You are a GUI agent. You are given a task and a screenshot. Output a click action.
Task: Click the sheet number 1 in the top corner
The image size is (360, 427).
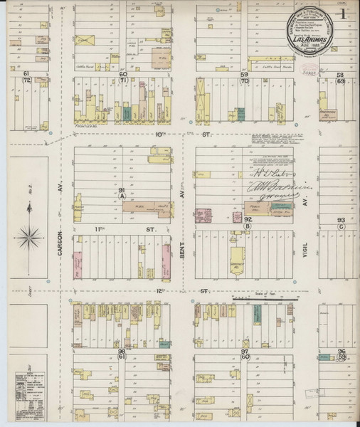[x=344, y=14]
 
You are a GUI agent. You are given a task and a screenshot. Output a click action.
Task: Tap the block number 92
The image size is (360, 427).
[x=248, y=220]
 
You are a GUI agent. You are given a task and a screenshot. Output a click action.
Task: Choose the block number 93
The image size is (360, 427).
[x=341, y=220]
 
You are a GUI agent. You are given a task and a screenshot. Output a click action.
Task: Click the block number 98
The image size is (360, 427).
[x=122, y=352]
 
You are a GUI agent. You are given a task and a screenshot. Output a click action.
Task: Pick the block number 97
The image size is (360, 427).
[x=244, y=352]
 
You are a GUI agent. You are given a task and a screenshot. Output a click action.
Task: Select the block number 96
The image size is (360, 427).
[x=342, y=352]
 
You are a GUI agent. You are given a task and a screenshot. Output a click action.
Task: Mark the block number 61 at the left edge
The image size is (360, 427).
[x=26, y=73]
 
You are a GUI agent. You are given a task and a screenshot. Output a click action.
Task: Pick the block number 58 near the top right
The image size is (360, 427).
[x=340, y=74]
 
